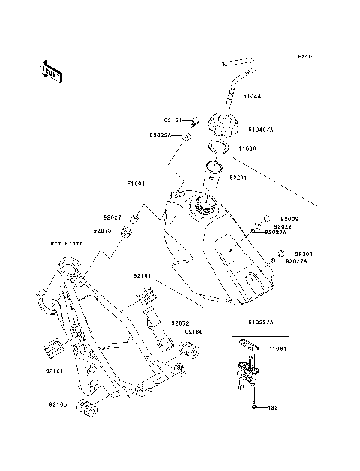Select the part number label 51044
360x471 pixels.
[x=253, y=96]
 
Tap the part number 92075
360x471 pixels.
[x=103, y=230]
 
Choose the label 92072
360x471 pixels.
[x=179, y=322]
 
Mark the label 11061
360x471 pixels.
[x=279, y=349]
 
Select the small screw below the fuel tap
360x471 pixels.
[x=255, y=406]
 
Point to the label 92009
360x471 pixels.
[x=290, y=219]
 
